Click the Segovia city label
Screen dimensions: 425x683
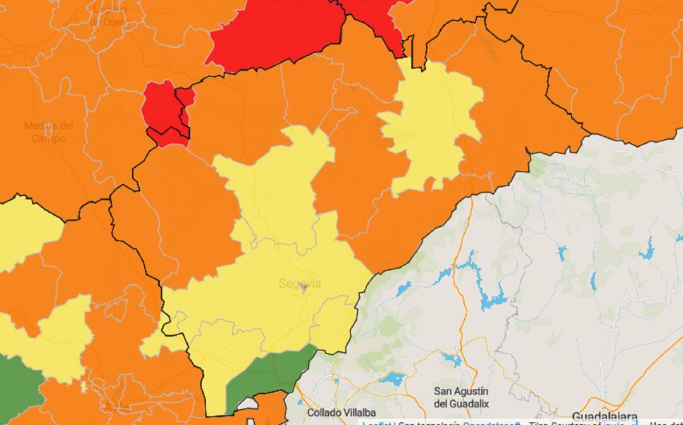[299, 284]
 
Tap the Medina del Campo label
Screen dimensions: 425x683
[49, 132]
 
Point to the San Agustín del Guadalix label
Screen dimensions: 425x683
[461, 396]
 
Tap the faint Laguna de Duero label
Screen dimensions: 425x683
[108, 15]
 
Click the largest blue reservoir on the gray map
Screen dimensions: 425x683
[487, 291]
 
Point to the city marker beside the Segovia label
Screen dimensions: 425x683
[304, 288]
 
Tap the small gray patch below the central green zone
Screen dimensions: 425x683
[249, 403]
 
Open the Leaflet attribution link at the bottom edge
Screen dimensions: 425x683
[373, 422]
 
